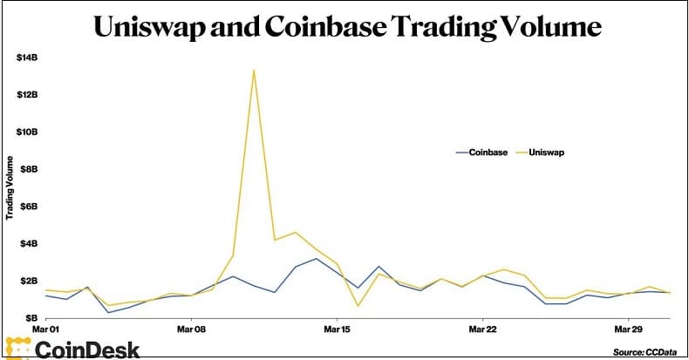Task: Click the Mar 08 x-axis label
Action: point(191,330)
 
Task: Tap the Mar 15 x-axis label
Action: point(337,330)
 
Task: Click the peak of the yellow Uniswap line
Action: point(254,70)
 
